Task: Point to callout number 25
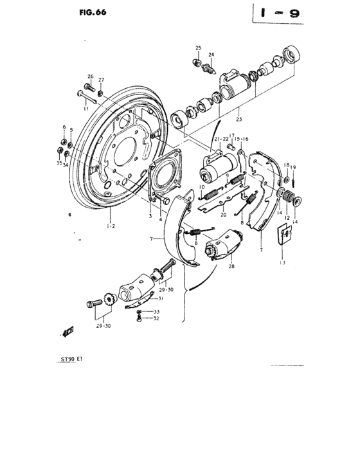[199, 48]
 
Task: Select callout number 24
[211, 55]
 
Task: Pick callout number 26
[90, 76]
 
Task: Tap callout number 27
[101, 80]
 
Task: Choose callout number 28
[231, 265]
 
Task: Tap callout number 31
[161, 298]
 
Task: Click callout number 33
[156, 312]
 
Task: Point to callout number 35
[59, 163]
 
